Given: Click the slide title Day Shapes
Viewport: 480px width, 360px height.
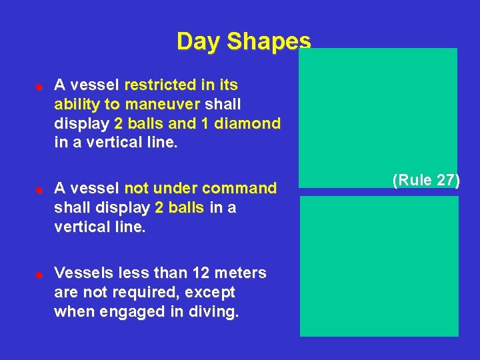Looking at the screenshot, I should coord(243,41).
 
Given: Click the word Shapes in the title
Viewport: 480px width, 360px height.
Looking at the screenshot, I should coord(269,41).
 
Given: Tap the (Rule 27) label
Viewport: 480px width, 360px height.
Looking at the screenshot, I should coord(426,181).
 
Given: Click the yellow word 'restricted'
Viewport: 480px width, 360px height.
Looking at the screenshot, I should coord(157,85).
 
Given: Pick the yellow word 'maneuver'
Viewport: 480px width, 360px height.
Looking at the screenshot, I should coord(169,105).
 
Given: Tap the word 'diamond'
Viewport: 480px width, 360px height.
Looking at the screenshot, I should coord(252,124).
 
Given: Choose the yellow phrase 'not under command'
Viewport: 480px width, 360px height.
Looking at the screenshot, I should coord(200,189).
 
